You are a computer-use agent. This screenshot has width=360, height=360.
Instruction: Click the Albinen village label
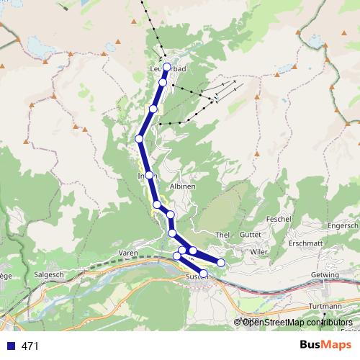pyautogui.click(x=182, y=186)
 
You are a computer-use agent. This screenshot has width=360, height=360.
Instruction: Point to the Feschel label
pyautogui.click(x=277, y=218)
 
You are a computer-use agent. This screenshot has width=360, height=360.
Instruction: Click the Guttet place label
pyautogui.click(x=250, y=235)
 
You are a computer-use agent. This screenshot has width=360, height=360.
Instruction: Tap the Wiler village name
pyautogui.click(x=258, y=252)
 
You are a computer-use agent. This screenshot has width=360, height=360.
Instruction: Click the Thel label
pyautogui.click(x=222, y=235)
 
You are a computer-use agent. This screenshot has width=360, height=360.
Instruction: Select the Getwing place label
pyautogui.click(x=325, y=276)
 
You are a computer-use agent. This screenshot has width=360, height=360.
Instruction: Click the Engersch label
pyautogui.click(x=343, y=225)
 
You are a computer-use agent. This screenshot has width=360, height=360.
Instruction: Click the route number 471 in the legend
pyautogui.click(x=30, y=346)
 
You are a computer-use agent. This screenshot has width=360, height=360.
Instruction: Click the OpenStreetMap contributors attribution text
pyautogui.click(x=296, y=322)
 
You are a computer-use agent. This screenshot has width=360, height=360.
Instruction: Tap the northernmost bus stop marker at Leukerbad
pyautogui.click(x=167, y=67)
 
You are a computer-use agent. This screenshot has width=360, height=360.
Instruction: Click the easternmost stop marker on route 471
pyautogui.click(x=221, y=262)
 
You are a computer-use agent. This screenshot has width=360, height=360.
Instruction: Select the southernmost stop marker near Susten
pyautogui.click(x=204, y=274)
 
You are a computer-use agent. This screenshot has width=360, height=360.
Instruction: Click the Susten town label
pyautogui.click(x=194, y=276)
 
